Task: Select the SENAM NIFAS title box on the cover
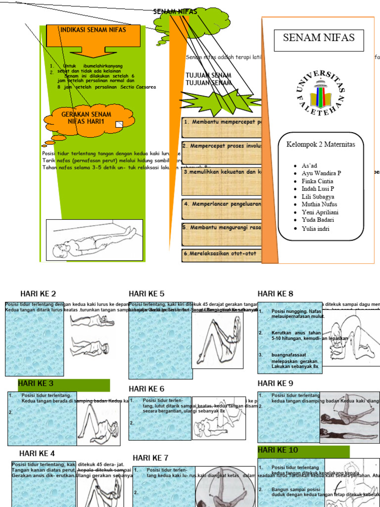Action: tap(319, 40)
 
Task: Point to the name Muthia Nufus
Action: tap(319, 204)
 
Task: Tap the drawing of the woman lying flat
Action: tap(95, 240)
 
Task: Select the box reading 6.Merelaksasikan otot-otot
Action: tap(222, 254)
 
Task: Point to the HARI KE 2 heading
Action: tap(38, 294)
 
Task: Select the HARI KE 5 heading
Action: tap(146, 294)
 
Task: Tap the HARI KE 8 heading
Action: tap(276, 294)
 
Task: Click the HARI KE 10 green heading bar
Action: tap(303, 451)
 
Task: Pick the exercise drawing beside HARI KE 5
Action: tap(218, 340)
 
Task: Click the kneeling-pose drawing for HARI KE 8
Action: tap(351, 342)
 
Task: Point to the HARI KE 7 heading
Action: tap(150, 457)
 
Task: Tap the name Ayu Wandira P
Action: tap(321, 173)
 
